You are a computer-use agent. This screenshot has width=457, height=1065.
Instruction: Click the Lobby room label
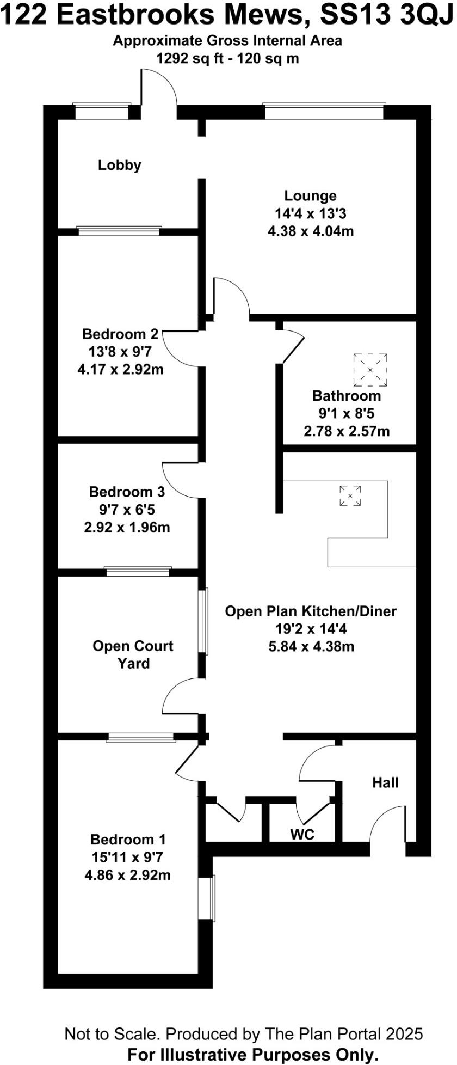[120, 165]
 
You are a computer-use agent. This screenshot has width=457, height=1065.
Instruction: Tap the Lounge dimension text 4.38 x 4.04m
[311, 231]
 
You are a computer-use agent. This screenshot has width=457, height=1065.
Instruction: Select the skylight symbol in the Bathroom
[370, 369]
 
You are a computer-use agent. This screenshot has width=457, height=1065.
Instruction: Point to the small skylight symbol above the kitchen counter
[350, 495]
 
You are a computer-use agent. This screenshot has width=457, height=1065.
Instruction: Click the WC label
[302, 834]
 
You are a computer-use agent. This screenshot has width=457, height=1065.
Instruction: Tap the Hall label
[385, 782]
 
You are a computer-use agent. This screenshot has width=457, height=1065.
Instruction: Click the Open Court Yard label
[133, 654]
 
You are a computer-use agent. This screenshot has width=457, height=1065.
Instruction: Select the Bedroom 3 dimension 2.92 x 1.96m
[127, 527]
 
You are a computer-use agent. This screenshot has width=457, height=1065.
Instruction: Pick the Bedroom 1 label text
[128, 840]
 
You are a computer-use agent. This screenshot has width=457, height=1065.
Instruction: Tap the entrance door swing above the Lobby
[159, 87]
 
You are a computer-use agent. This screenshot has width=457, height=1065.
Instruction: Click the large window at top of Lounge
[324, 111]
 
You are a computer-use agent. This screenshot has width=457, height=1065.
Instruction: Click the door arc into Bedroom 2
[180, 348]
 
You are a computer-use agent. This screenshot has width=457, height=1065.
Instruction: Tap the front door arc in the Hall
[387, 825]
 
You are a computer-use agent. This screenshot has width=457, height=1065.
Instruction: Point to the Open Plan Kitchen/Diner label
[311, 611]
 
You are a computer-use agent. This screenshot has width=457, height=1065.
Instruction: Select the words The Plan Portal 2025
[344, 1033]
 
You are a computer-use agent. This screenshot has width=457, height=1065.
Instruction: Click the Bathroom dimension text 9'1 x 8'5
[347, 413]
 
